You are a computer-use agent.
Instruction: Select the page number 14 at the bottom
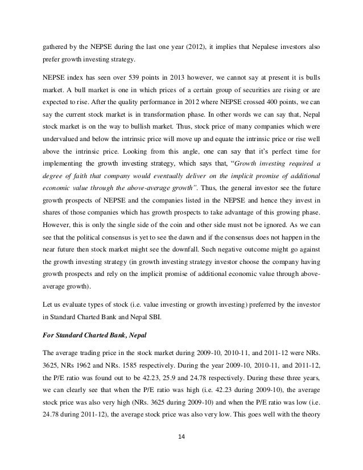(x=181, y=438)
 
